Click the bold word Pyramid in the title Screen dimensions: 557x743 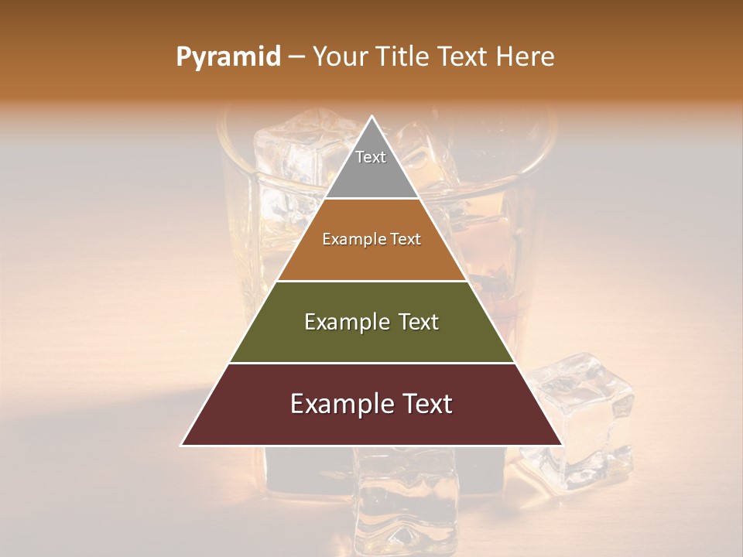pos(228,57)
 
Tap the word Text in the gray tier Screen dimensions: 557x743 pos(371,157)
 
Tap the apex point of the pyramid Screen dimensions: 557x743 pos(371,118)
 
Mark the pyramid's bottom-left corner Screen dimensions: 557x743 pos(183,445)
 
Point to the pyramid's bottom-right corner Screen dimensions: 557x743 pos(561,445)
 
